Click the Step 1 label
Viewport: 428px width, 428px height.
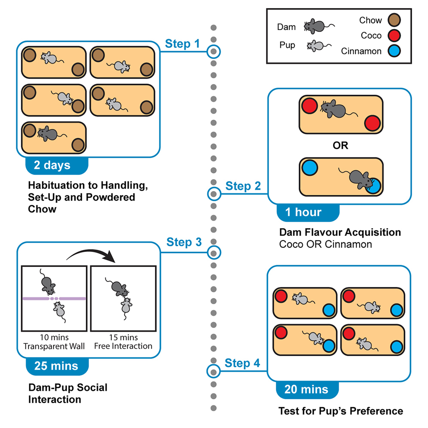(183, 44)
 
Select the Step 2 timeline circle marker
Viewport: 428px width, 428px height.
(214, 194)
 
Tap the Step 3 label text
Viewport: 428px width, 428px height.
(184, 242)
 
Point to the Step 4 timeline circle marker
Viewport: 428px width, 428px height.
(214, 370)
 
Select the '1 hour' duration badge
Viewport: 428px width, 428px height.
(304, 212)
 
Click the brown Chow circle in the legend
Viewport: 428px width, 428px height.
(393, 20)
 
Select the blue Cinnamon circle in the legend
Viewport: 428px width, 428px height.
(393, 51)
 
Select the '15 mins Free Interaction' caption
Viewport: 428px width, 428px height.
(123, 342)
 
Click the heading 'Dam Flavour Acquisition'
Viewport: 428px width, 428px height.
(340, 232)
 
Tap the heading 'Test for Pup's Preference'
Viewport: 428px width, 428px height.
(340, 411)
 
